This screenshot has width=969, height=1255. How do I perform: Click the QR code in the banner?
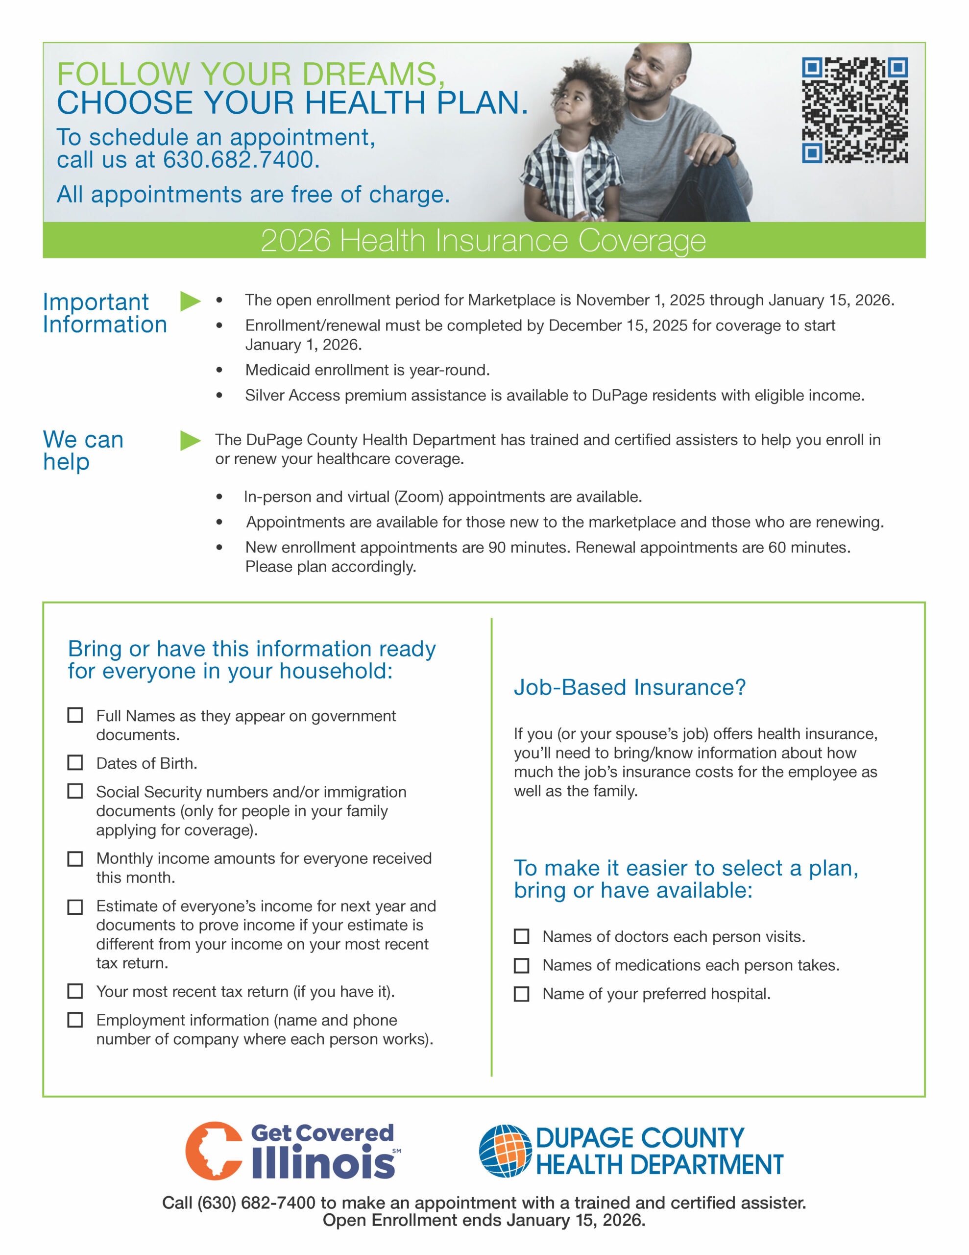855,110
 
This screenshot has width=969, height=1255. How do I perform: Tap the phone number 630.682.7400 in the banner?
241,160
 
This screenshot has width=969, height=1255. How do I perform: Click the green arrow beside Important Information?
190,301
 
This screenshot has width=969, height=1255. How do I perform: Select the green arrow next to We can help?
190,441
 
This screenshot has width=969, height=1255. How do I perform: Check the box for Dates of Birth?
75,762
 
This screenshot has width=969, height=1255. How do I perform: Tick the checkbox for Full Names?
75,715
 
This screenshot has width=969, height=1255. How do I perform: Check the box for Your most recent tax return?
75,991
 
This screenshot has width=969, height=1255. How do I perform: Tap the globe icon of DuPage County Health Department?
505,1151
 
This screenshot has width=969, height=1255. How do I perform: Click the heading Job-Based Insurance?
630,687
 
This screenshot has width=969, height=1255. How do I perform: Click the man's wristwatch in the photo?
729,144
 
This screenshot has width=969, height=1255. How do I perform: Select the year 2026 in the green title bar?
296,240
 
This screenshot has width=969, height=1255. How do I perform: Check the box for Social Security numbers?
75,791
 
